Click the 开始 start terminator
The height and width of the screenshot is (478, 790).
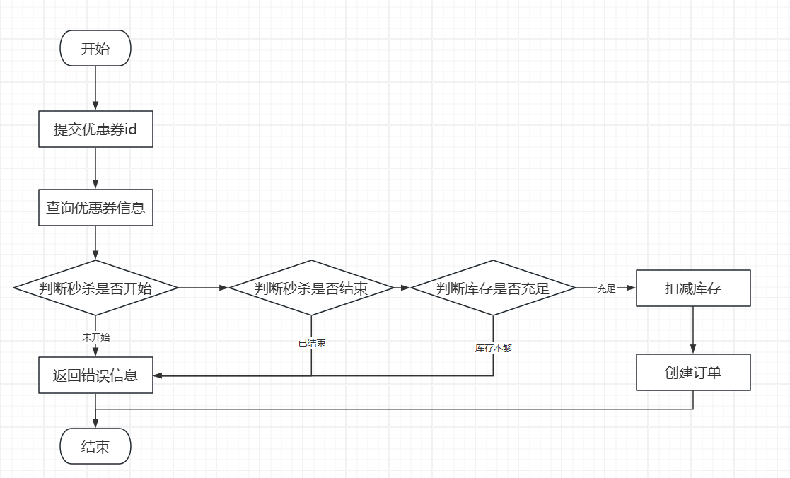[95, 48]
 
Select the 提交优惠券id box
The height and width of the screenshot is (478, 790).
[95, 129]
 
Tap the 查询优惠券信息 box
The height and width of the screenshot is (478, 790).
[95, 208]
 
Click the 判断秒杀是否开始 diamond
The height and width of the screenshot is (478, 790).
[95, 288]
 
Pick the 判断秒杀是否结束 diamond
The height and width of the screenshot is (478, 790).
[311, 288]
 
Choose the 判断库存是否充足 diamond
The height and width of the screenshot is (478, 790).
[493, 288]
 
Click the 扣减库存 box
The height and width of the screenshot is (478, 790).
[693, 288]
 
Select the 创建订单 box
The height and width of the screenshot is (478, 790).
[693, 373]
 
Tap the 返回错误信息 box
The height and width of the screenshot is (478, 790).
[95, 375]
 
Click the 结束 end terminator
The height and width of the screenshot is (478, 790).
[95, 446]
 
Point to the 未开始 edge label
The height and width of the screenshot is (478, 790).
[95, 337]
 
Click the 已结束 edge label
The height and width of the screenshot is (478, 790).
[311, 343]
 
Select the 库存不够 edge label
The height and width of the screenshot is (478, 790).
[493, 348]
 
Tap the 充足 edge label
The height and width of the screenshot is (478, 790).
[606, 288]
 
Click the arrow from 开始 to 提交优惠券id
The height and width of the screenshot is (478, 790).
[95, 88]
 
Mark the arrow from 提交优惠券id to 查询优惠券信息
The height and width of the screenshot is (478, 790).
[95, 168]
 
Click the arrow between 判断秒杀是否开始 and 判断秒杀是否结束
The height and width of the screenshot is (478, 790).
[204, 288]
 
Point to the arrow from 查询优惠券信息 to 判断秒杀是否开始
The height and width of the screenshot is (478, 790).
[95, 243]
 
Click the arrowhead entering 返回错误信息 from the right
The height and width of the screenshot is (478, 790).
[158, 375]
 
